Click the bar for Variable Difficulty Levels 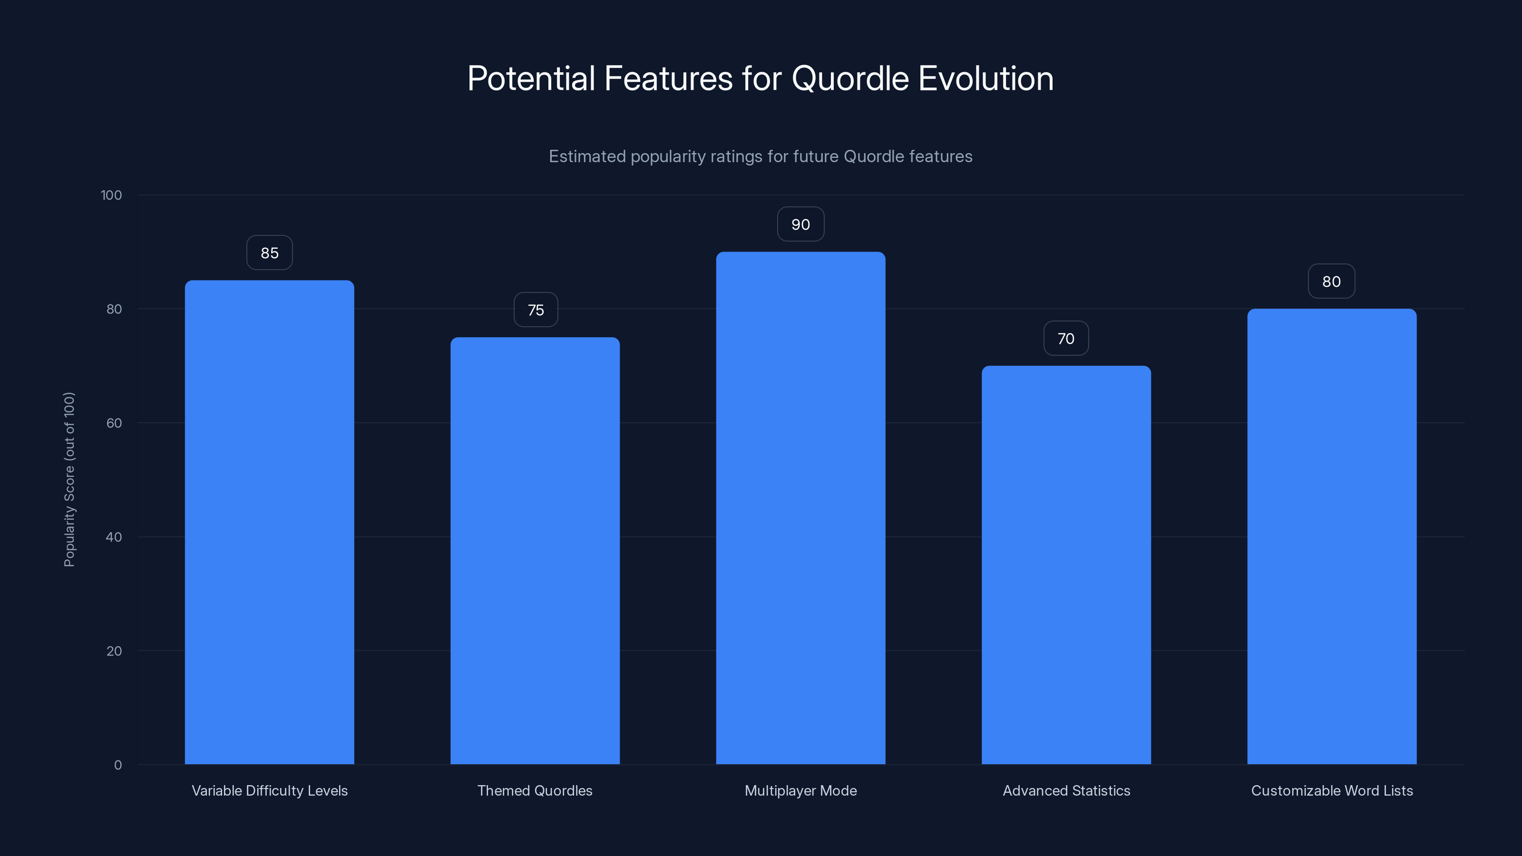(x=269, y=522)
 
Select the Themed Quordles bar (x=535, y=551)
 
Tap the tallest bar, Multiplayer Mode (x=800, y=508)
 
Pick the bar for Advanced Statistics (x=1066, y=565)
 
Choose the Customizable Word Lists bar (x=1332, y=536)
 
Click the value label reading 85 (x=269, y=253)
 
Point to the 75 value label (x=535, y=310)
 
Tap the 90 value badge (x=800, y=224)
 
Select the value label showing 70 (x=1066, y=339)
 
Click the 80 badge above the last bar (x=1331, y=282)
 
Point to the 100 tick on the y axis (x=111, y=195)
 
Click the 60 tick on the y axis (x=114, y=423)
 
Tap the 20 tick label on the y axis (x=114, y=651)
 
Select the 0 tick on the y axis (x=117, y=765)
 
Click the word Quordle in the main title (x=849, y=78)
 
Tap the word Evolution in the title (x=985, y=78)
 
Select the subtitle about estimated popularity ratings (x=761, y=156)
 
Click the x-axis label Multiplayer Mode (x=800, y=790)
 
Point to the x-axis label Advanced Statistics (x=1066, y=790)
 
